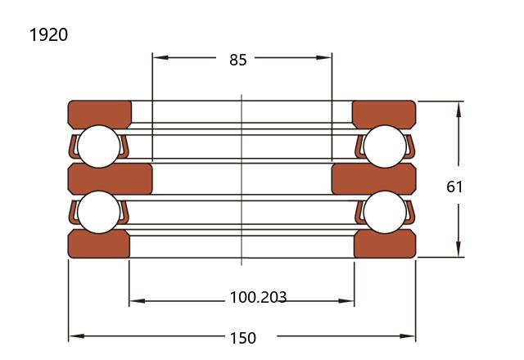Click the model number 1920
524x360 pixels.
coord(49,34)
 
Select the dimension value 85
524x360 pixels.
coord(238,60)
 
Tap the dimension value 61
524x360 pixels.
coord(454,187)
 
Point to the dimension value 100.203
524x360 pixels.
coord(258,297)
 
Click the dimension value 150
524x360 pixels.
coord(243,338)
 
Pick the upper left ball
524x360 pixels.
coord(98,146)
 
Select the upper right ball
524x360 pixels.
coord(385,146)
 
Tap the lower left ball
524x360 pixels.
coord(98,212)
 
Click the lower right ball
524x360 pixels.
coord(385,212)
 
